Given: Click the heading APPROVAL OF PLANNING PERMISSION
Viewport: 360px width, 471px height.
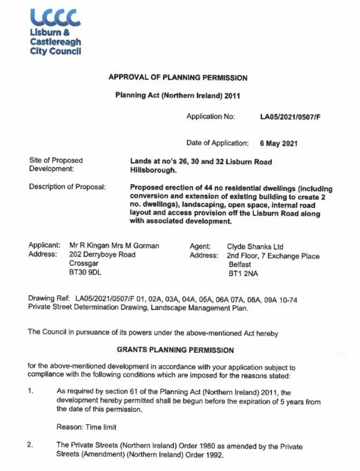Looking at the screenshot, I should point(178,77).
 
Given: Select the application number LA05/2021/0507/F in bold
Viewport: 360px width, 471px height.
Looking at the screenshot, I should point(290,117).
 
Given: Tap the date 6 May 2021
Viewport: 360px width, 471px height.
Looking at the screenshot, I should point(278,143).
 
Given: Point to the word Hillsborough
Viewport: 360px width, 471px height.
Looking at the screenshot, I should point(153,170).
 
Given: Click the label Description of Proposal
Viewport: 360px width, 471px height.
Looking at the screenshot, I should point(67,187).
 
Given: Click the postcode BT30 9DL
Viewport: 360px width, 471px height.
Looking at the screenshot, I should point(85,272).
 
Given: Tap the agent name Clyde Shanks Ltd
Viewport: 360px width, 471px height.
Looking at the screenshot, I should point(255,247).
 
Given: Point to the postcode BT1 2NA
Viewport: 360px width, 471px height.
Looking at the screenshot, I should point(243,273).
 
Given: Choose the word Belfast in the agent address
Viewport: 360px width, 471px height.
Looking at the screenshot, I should point(240,264).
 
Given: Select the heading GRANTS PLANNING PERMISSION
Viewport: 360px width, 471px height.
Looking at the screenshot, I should point(175,350).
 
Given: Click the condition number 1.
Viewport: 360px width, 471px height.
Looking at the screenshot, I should point(31,391).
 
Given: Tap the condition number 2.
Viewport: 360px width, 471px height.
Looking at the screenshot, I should point(30,445).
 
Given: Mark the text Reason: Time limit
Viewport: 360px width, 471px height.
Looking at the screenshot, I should point(86,427).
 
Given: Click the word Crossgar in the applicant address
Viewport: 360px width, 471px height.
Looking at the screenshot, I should point(84,263).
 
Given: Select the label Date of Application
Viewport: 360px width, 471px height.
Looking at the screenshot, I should point(217,143).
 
